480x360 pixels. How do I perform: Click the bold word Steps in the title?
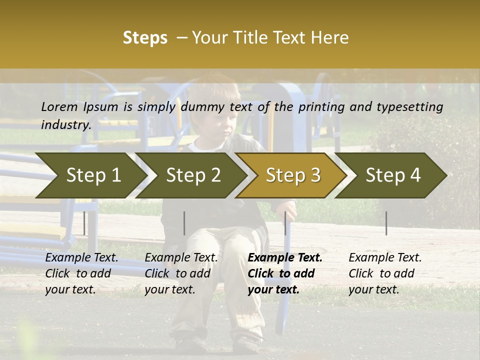[145, 38]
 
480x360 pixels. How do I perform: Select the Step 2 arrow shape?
[193, 175]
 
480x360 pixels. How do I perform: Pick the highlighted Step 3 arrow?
[293, 175]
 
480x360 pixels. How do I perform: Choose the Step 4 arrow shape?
[393, 175]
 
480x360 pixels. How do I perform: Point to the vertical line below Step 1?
[84, 223]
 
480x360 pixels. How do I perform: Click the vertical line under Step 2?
[184, 223]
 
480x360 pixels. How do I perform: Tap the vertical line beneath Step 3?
[285, 223]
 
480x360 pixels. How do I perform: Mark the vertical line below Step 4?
[386, 223]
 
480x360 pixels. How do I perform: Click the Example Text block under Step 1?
[81, 273]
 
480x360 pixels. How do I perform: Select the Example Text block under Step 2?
[181, 273]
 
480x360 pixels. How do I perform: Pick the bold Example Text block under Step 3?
[285, 273]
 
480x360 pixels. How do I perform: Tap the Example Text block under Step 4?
[385, 273]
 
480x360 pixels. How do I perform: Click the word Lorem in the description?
[59, 106]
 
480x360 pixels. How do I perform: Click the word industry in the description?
[65, 124]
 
